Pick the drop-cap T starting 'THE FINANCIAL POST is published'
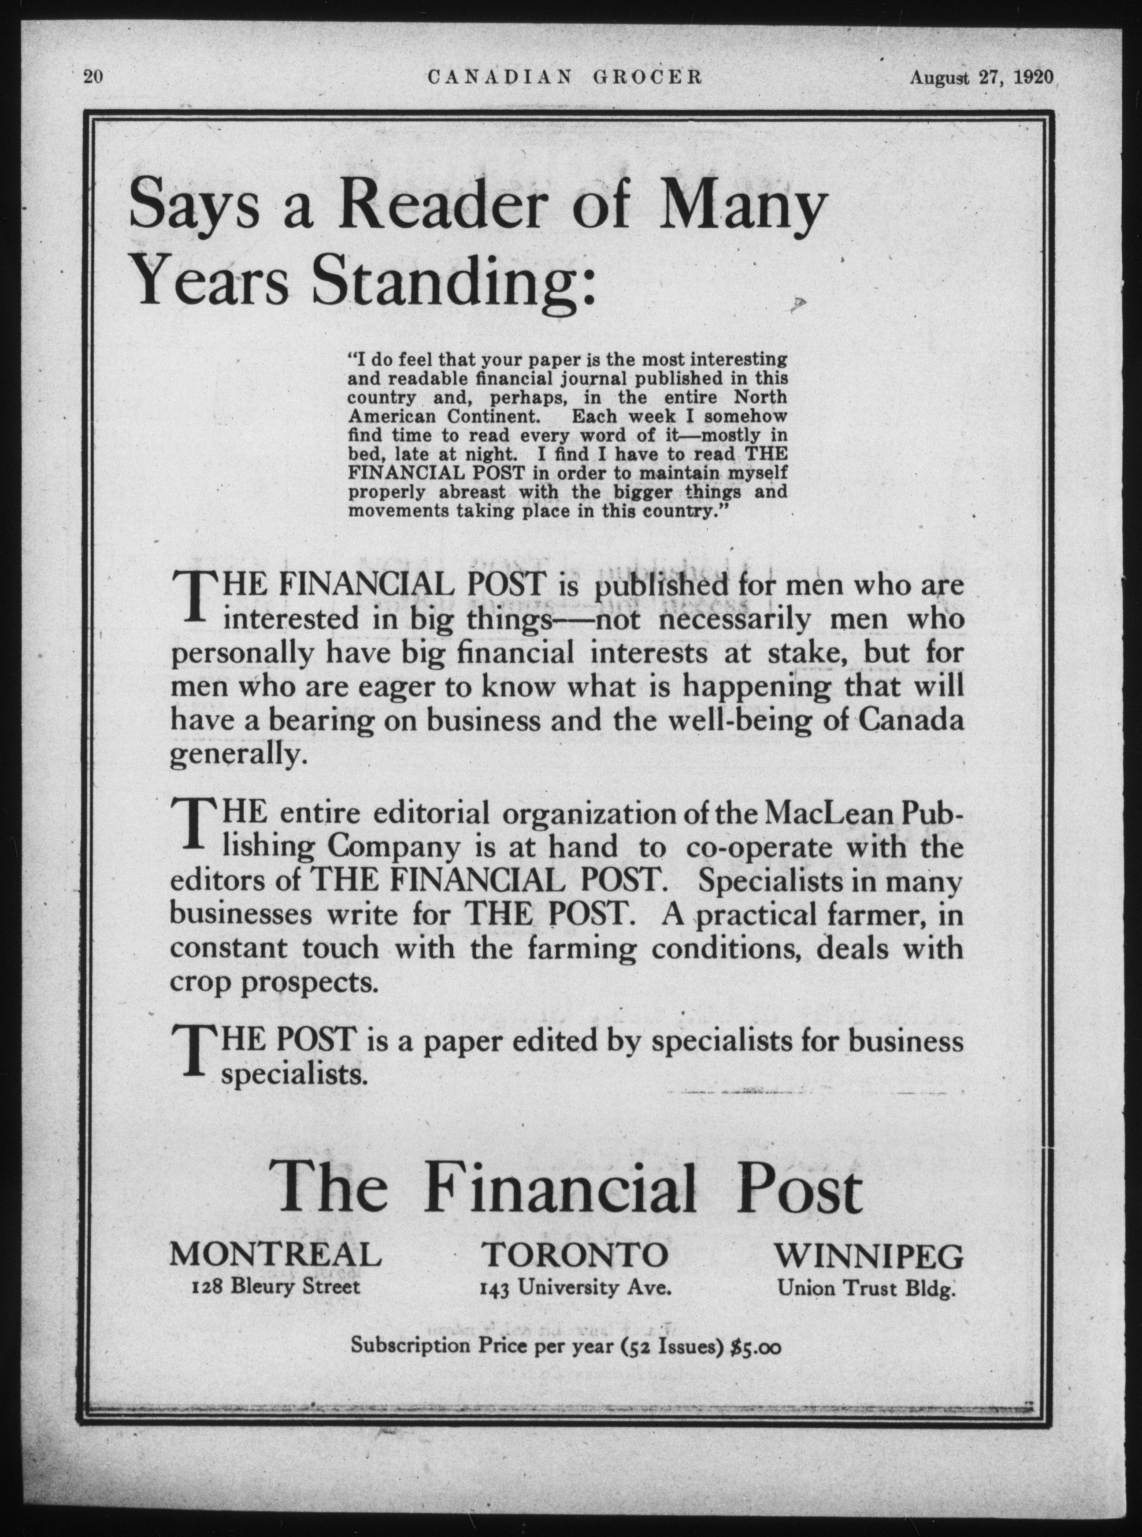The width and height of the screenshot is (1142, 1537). (x=196, y=596)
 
